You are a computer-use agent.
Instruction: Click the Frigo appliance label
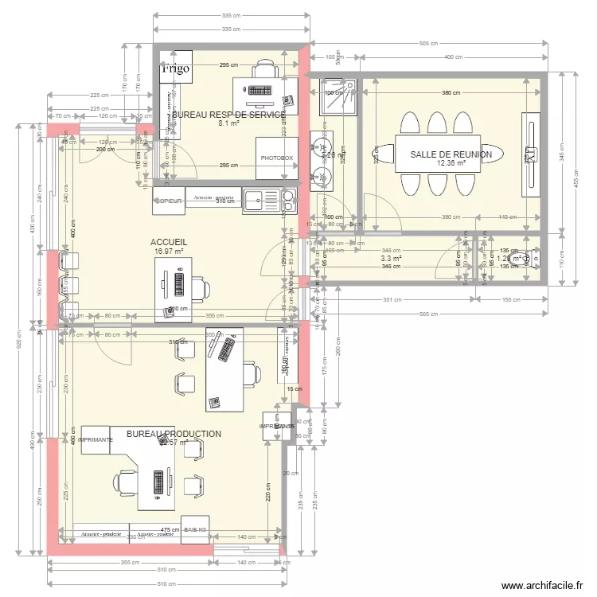pyautogui.click(x=175, y=69)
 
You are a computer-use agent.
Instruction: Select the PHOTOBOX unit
pyautogui.click(x=276, y=158)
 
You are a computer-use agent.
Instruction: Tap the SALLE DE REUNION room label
pyautogui.click(x=451, y=154)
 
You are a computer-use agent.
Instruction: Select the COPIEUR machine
pyautogui.click(x=169, y=201)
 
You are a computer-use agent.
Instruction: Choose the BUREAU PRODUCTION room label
pyautogui.click(x=174, y=434)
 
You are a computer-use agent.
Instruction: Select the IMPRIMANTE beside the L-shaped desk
pyautogui.click(x=95, y=439)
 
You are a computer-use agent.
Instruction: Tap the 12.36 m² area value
pyautogui.click(x=451, y=164)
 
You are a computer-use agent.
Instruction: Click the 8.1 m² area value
pyautogui.click(x=229, y=124)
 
